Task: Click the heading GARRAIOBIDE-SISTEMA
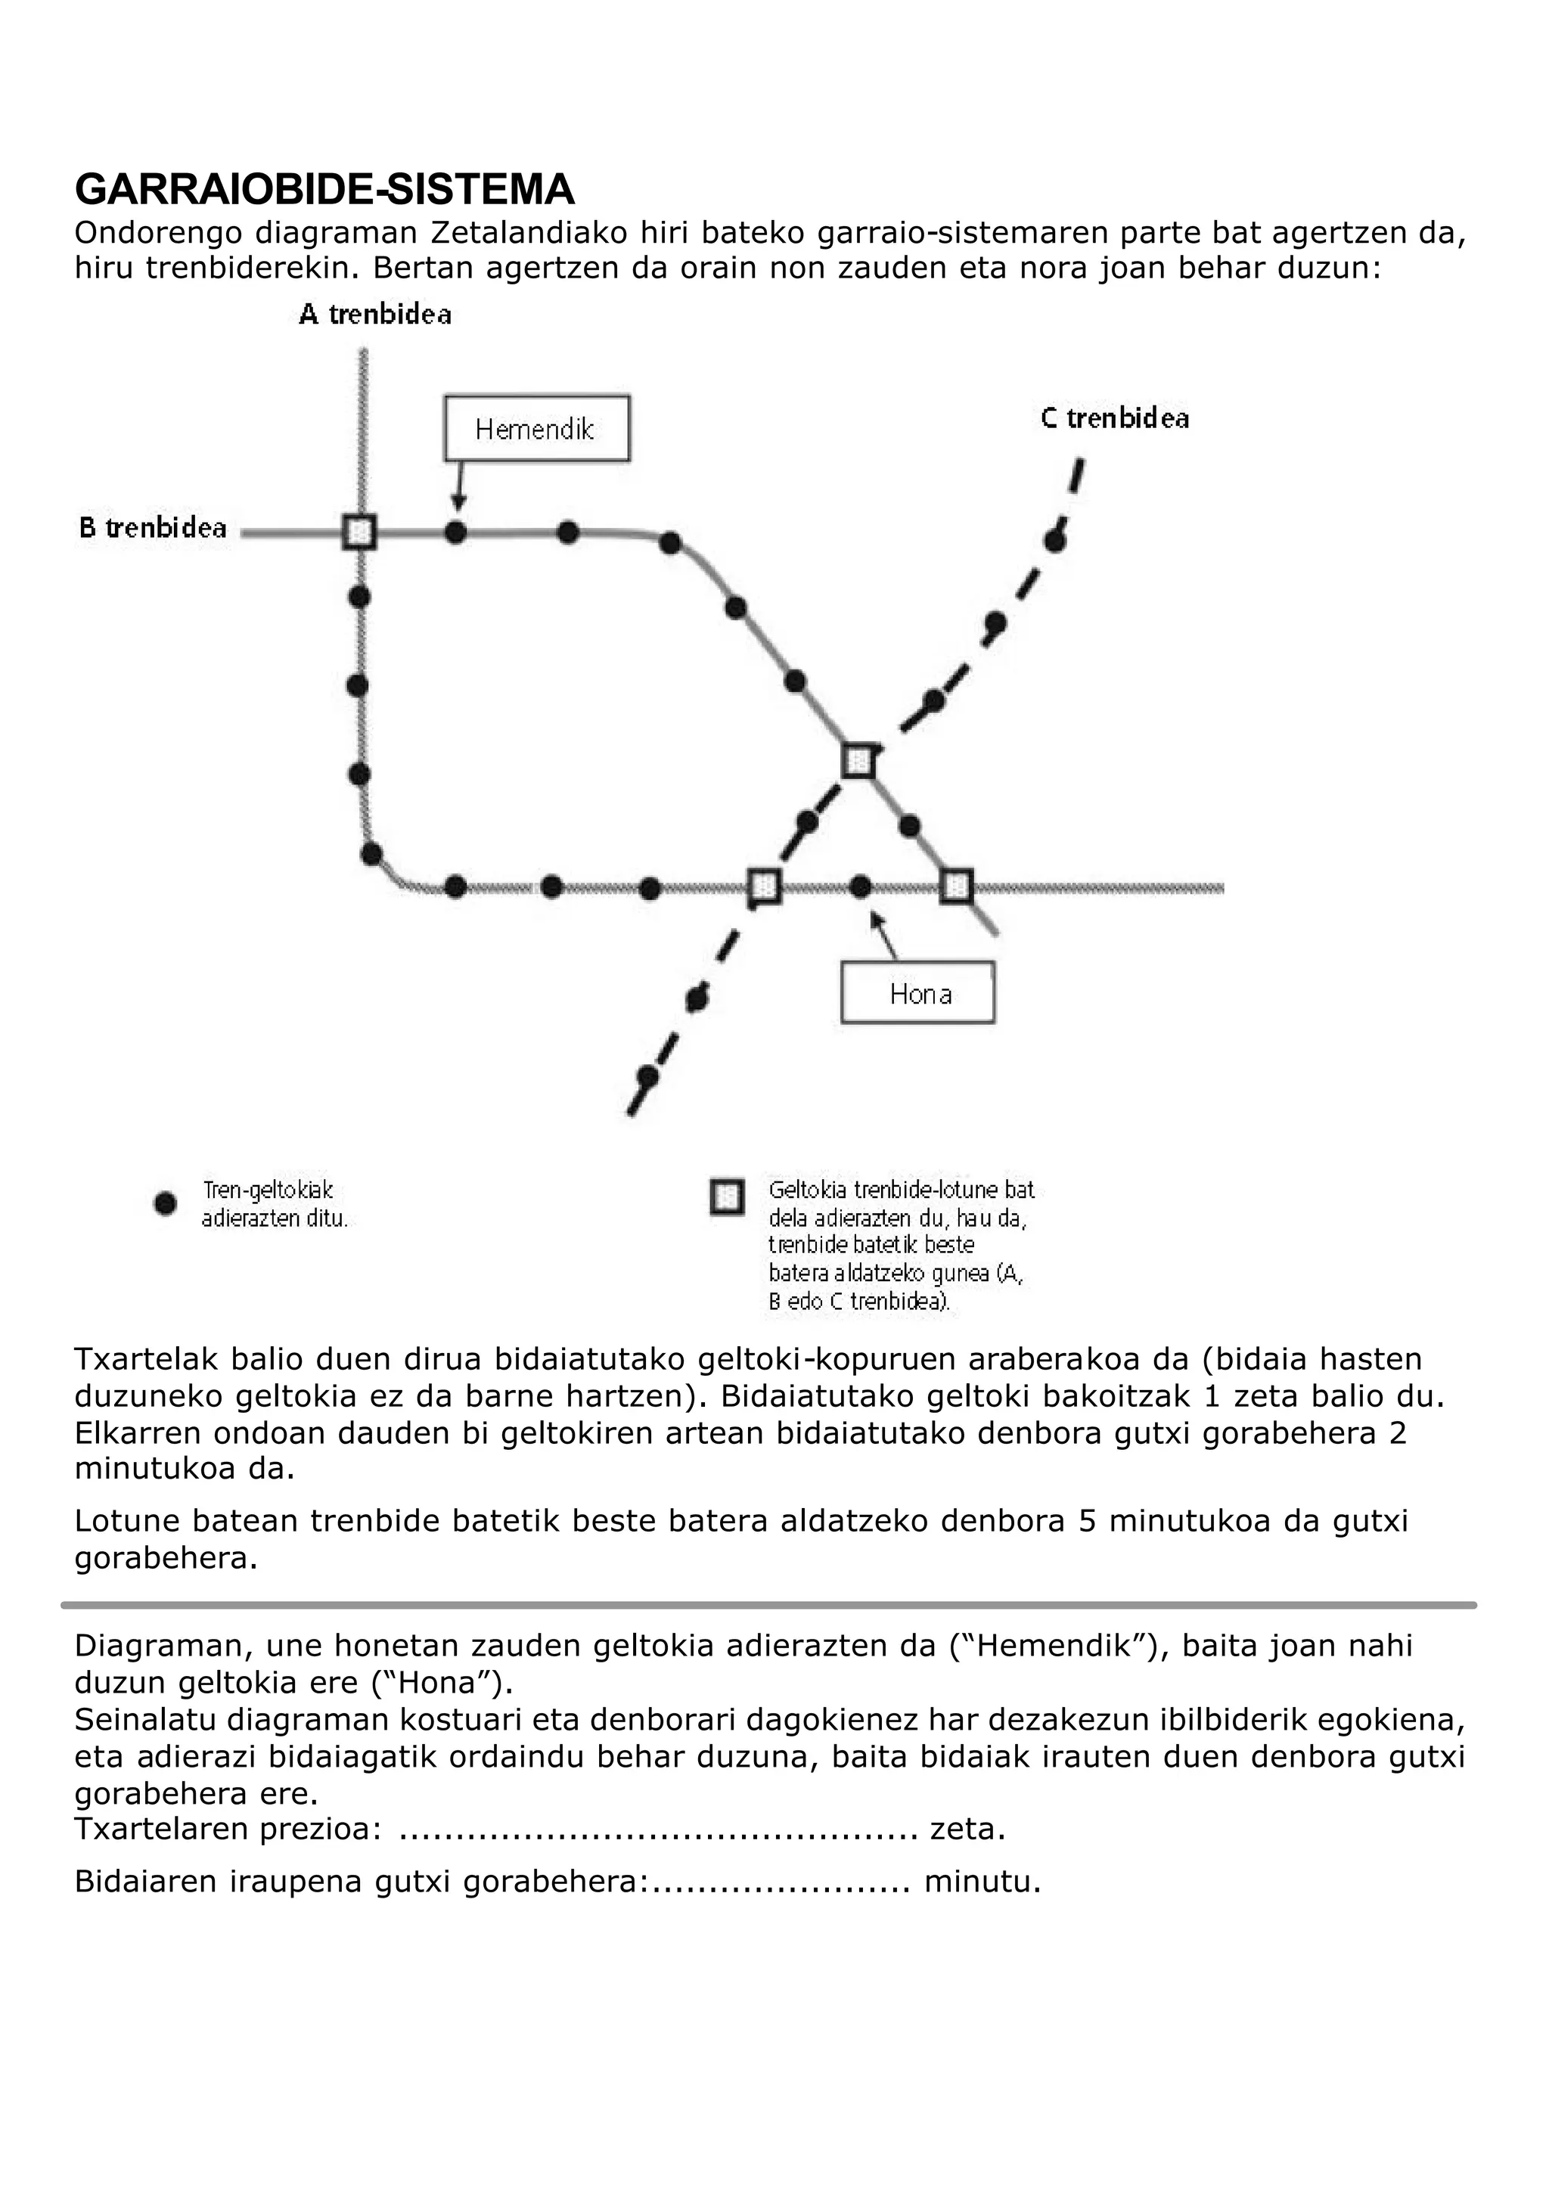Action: click(x=324, y=190)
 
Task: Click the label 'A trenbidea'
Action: click(x=375, y=315)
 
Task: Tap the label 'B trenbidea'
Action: click(x=153, y=529)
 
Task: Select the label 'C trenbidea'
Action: click(x=1115, y=419)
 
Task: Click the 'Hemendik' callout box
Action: click(x=536, y=430)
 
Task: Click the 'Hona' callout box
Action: click(x=917, y=994)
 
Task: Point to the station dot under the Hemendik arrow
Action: click(x=456, y=532)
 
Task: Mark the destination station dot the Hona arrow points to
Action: click(x=860, y=887)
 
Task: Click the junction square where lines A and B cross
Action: click(x=359, y=532)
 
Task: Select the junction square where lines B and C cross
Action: click(x=858, y=761)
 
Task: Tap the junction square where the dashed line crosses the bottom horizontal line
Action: click(x=763, y=887)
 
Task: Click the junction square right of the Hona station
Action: click(x=956, y=887)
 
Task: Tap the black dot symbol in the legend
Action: click(x=165, y=1204)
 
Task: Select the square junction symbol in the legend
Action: click(x=727, y=1197)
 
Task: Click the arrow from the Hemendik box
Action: click(x=459, y=486)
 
